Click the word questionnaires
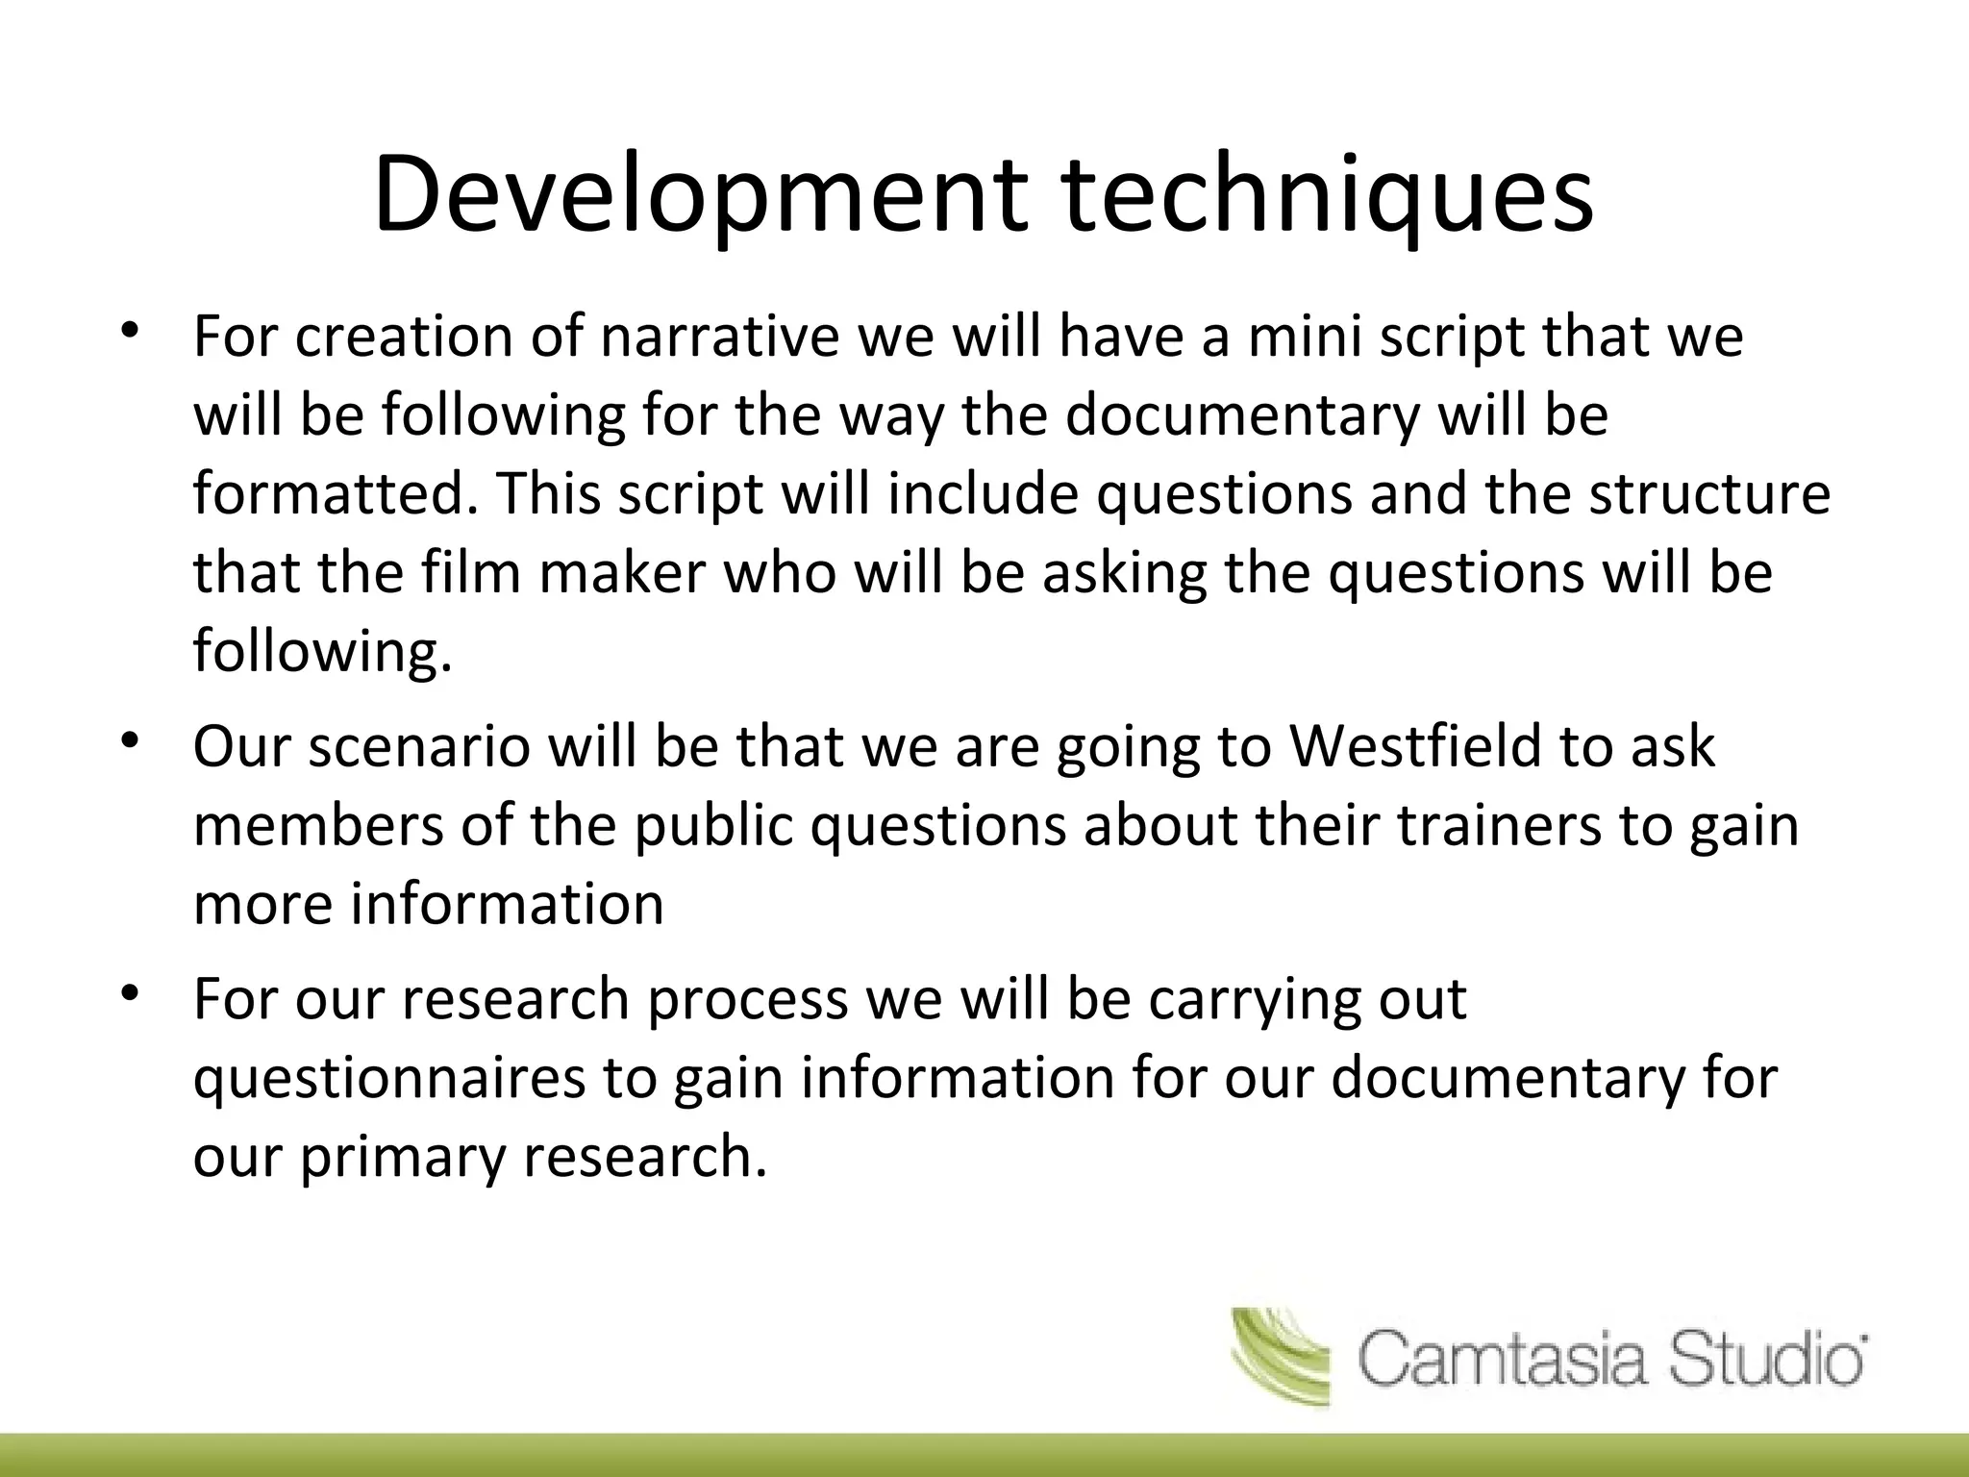pyautogui.click(x=389, y=1079)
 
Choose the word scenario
pyautogui.click(x=418, y=747)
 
